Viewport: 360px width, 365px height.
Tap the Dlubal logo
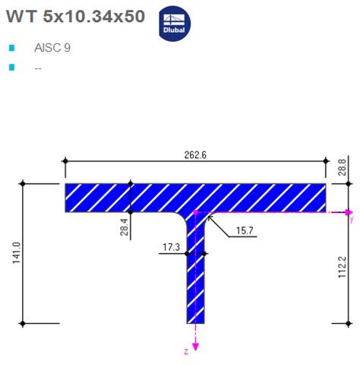(175, 23)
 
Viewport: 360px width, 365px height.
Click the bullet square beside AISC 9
(11, 48)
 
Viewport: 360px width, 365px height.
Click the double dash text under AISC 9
(38, 67)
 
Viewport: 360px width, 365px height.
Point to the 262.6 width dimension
(194, 154)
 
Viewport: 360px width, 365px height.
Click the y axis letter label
(351, 221)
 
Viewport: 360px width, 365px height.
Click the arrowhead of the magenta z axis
(196, 346)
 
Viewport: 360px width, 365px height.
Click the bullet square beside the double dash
(11, 68)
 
